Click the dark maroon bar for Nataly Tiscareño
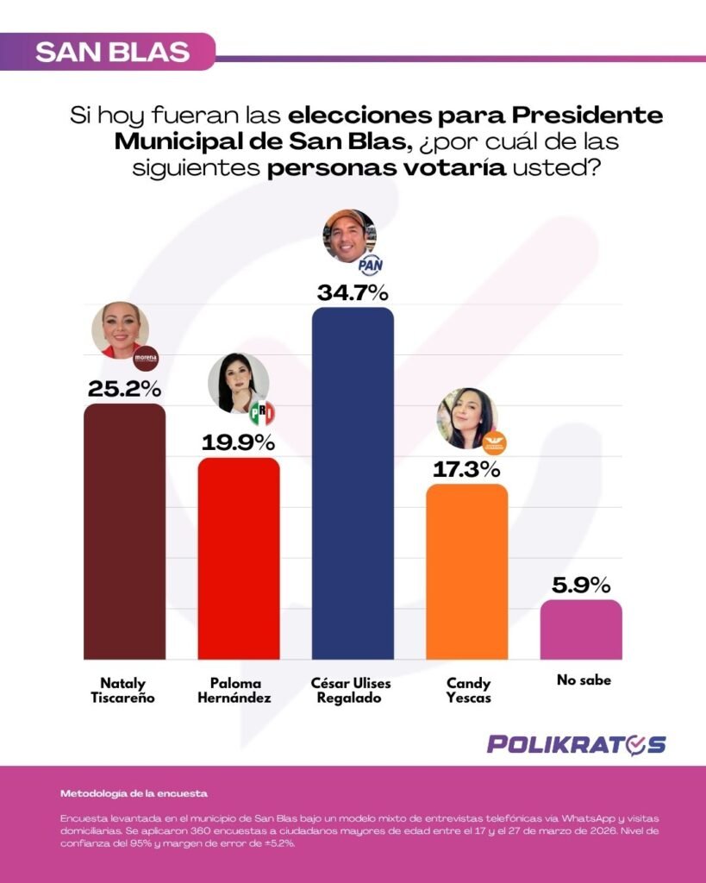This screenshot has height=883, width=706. (124, 530)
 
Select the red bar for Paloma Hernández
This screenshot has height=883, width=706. (239, 558)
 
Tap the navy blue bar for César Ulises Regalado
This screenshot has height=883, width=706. (353, 483)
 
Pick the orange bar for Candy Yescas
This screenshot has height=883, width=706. (467, 571)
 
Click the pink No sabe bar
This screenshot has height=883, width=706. (581, 629)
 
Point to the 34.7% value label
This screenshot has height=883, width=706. (353, 292)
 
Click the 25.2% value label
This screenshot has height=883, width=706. (124, 389)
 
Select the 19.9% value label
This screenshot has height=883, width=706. (239, 443)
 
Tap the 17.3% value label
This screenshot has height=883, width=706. (467, 470)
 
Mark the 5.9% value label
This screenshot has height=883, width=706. (581, 585)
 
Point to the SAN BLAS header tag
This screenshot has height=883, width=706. (112, 52)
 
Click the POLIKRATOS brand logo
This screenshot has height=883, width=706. (576, 743)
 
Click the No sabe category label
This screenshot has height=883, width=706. (584, 680)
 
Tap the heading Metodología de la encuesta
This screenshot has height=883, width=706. (134, 792)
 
